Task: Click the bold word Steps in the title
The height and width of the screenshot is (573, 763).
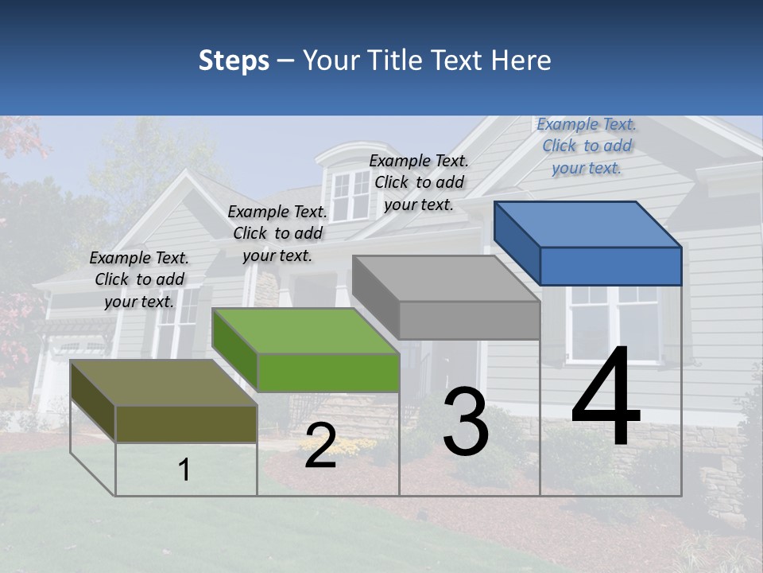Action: coord(234,60)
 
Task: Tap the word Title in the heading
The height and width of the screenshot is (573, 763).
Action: coord(394,60)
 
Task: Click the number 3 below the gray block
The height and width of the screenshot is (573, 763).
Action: coord(466,421)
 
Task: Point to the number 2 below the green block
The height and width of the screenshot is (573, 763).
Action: coord(320,446)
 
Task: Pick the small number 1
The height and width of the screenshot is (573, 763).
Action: coord(184,470)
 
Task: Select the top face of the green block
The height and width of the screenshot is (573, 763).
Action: coord(307,331)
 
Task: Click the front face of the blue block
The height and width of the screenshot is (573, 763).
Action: coord(610,266)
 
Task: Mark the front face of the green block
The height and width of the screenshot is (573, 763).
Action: coord(328,372)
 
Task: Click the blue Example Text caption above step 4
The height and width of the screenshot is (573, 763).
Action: coord(587,146)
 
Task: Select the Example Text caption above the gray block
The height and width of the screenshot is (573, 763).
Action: coord(419,182)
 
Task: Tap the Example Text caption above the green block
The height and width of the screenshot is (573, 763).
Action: coord(277,233)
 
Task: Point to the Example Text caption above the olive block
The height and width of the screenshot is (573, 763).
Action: coord(139,279)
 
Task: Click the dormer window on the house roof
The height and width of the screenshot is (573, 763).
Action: coord(351,194)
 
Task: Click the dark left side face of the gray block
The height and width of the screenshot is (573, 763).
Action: coord(375,296)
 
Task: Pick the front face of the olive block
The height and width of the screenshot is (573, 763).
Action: coord(186,423)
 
